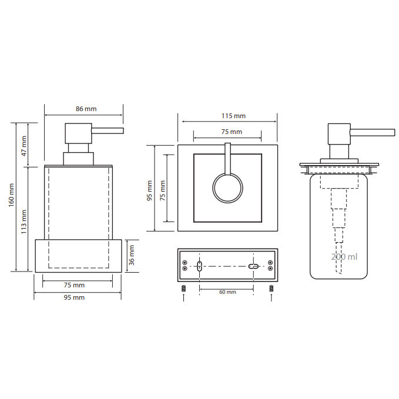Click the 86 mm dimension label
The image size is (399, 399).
[86, 109]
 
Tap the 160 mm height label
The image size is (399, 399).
[11, 195]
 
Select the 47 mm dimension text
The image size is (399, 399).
[24, 146]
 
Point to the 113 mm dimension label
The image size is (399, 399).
[24, 222]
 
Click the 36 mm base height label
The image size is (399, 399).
[131, 255]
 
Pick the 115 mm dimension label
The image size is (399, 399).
[233, 116]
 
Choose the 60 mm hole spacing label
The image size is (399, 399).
[227, 292]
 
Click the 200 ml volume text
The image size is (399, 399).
[344, 257]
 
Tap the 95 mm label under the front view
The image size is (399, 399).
[74, 297]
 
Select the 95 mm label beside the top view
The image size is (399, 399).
[149, 190]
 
